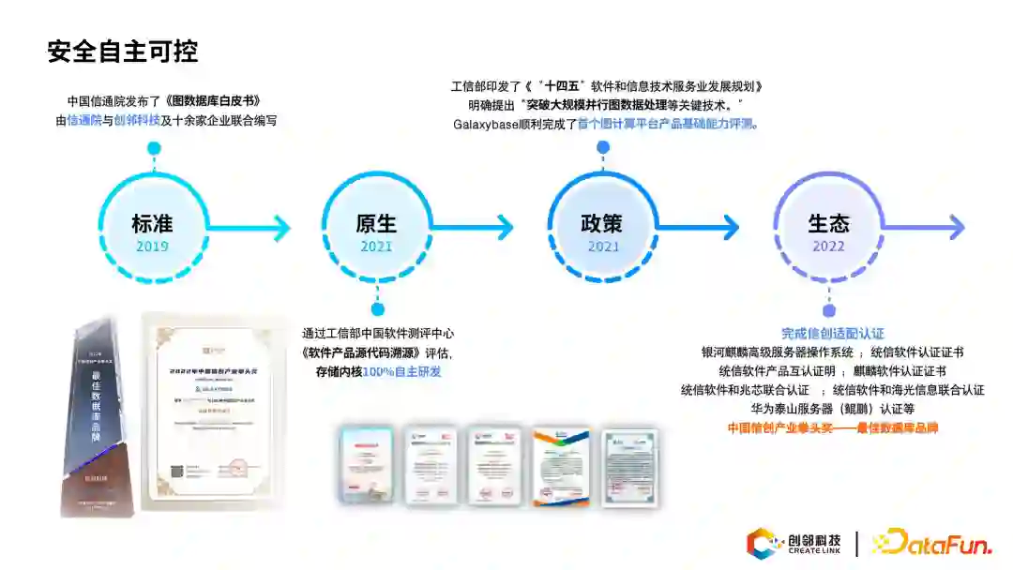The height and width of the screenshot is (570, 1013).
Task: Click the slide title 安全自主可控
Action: pos(123,52)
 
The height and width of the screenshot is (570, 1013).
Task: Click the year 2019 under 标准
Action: pos(153,247)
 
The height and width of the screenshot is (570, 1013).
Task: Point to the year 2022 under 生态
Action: pos(828,247)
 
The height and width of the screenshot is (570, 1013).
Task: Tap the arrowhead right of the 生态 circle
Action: pos(955,227)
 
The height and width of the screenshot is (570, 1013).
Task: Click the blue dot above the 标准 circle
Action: pos(154,147)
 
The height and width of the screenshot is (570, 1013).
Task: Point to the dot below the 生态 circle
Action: pos(828,310)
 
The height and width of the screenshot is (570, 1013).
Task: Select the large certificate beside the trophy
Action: pos(214,412)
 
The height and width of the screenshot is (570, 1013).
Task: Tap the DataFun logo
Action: pos(932,543)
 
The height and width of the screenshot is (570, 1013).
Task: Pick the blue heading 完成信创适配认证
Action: pos(833,334)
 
